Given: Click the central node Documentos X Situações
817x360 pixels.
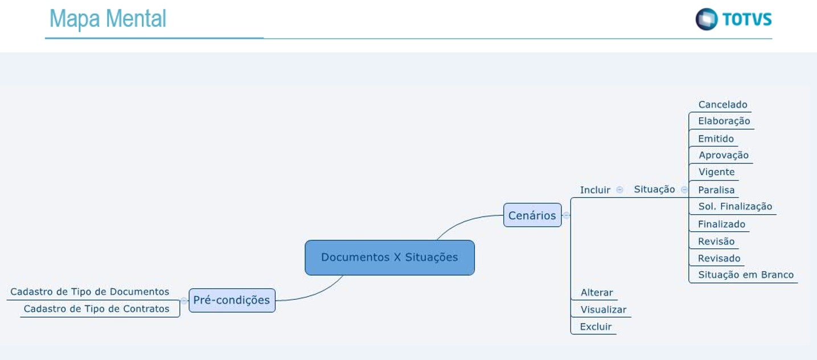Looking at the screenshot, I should pyautogui.click(x=389, y=257).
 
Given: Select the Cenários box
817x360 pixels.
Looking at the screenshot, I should pyautogui.click(x=532, y=215).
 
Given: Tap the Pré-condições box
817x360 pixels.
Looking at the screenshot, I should pyautogui.click(x=232, y=300).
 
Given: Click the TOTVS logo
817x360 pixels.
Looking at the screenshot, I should pyautogui.click(x=733, y=19).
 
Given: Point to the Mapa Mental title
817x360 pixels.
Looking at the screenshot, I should pyautogui.click(x=108, y=19).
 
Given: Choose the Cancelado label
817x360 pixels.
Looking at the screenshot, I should pyautogui.click(x=722, y=105).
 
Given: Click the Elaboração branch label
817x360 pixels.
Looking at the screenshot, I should pyautogui.click(x=724, y=121).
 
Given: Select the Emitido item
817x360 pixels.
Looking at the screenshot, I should pyautogui.click(x=716, y=139).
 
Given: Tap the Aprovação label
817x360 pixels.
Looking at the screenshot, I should pyautogui.click(x=723, y=156).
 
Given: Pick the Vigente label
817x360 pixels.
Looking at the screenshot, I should pyautogui.click(x=716, y=172).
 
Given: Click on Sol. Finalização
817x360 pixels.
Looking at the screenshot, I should pyautogui.click(x=734, y=207).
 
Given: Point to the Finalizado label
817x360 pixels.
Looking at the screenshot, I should pyautogui.click(x=721, y=224).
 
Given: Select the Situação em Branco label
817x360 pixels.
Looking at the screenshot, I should pyautogui.click(x=745, y=275).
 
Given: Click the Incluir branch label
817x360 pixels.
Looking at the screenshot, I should pyautogui.click(x=595, y=190).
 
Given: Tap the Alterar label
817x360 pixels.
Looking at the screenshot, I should pyautogui.click(x=597, y=293).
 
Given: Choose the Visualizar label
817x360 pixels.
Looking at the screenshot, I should pyautogui.click(x=603, y=310).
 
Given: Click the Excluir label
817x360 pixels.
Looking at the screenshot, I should pyautogui.click(x=596, y=327).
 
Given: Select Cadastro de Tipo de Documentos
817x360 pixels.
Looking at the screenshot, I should pyautogui.click(x=89, y=292).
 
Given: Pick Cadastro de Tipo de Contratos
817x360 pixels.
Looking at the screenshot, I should pyautogui.click(x=96, y=309).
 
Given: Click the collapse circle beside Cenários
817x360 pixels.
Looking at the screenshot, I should pyautogui.click(x=566, y=215).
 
